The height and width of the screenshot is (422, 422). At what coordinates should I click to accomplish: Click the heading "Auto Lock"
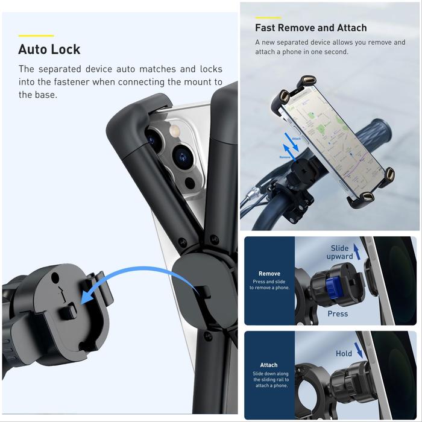click(x=49, y=49)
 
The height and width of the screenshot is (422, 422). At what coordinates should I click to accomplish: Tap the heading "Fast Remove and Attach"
click(x=311, y=28)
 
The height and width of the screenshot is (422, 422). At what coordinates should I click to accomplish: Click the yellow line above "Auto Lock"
click(x=36, y=36)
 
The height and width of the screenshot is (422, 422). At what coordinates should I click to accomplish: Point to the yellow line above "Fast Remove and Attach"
click(x=268, y=17)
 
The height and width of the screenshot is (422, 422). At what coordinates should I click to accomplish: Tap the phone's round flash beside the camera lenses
click(x=175, y=131)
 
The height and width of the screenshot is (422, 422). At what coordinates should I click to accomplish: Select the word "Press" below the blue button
click(x=338, y=314)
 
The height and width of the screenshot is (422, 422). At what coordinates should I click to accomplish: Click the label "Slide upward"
click(x=339, y=252)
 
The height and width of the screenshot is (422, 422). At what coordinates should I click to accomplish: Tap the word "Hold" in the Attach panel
click(x=344, y=353)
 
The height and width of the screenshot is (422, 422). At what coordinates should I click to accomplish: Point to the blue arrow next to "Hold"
click(x=358, y=350)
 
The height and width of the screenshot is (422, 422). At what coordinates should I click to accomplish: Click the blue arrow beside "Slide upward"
click(x=357, y=251)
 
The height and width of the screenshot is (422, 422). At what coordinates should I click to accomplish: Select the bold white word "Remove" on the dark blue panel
click(x=269, y=274)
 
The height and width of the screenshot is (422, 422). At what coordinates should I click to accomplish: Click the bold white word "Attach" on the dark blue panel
click(x=269, y=365)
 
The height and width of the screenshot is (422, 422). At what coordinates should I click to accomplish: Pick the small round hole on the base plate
click(x=55, y=278)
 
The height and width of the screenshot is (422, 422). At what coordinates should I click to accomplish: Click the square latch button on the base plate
click(x=68, y=311)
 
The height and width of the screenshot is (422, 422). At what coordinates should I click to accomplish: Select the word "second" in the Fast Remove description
click(x=336, y=52)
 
